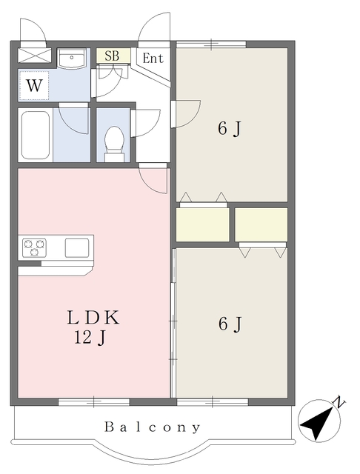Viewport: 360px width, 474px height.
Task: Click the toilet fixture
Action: (x=114, y=144)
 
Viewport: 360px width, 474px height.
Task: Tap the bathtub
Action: (x=36, y=135)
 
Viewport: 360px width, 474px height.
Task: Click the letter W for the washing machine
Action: (x=34, y=86)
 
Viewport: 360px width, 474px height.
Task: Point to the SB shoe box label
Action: (x=112, y=56)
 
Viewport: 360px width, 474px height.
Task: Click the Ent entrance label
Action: (x=153, y=58)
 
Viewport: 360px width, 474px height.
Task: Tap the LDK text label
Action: (x=93, y=318)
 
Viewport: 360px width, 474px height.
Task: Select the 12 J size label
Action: (x=90, y=338)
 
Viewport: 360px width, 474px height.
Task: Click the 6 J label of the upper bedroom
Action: (x=229, y=129)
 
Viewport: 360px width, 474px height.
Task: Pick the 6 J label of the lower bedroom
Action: (x=230, y=324)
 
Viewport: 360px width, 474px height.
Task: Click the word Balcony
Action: (x=153, y=427)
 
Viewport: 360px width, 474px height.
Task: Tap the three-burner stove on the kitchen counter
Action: (x=35, y=248)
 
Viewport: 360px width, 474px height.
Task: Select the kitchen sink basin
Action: (x=77, y=248)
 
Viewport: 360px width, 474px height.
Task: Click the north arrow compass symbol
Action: (x=320, y=421)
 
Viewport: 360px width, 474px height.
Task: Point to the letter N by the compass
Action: (x=339, y=401)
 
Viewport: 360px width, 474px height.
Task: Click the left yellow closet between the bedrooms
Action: (x=202, y=224)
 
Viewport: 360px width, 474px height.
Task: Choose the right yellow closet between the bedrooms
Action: (x=261, y=224)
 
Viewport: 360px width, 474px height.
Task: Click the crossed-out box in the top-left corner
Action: (x=35, y=56)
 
